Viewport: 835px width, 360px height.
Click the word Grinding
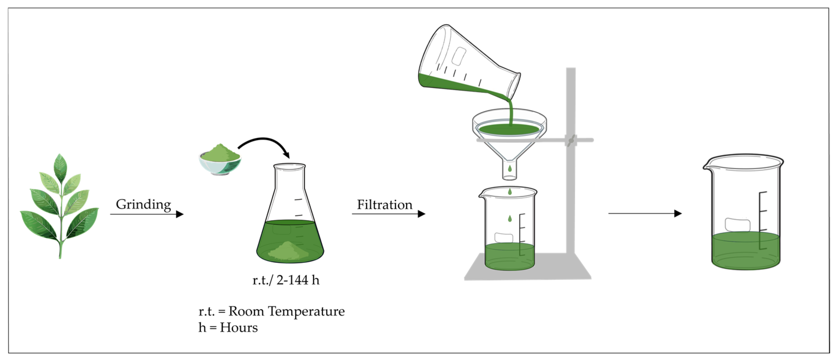tap(143, 205)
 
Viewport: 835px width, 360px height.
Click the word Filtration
tap(384, 205)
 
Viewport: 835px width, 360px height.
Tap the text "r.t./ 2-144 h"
tap(286, 280)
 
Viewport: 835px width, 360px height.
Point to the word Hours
tap(239, 328)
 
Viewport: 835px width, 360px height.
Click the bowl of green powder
tap(220, 161)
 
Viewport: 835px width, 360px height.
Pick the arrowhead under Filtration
tap(421, 214)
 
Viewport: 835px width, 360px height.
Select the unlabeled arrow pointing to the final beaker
tap(645, 213)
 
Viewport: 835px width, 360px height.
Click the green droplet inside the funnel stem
tap(510, 169)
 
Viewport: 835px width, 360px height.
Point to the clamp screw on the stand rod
tap(570, 141)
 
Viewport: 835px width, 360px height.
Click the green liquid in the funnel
tap(509, 129)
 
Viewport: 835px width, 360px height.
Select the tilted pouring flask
tap(467, 62)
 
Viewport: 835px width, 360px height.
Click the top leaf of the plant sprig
tap(60, 167)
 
